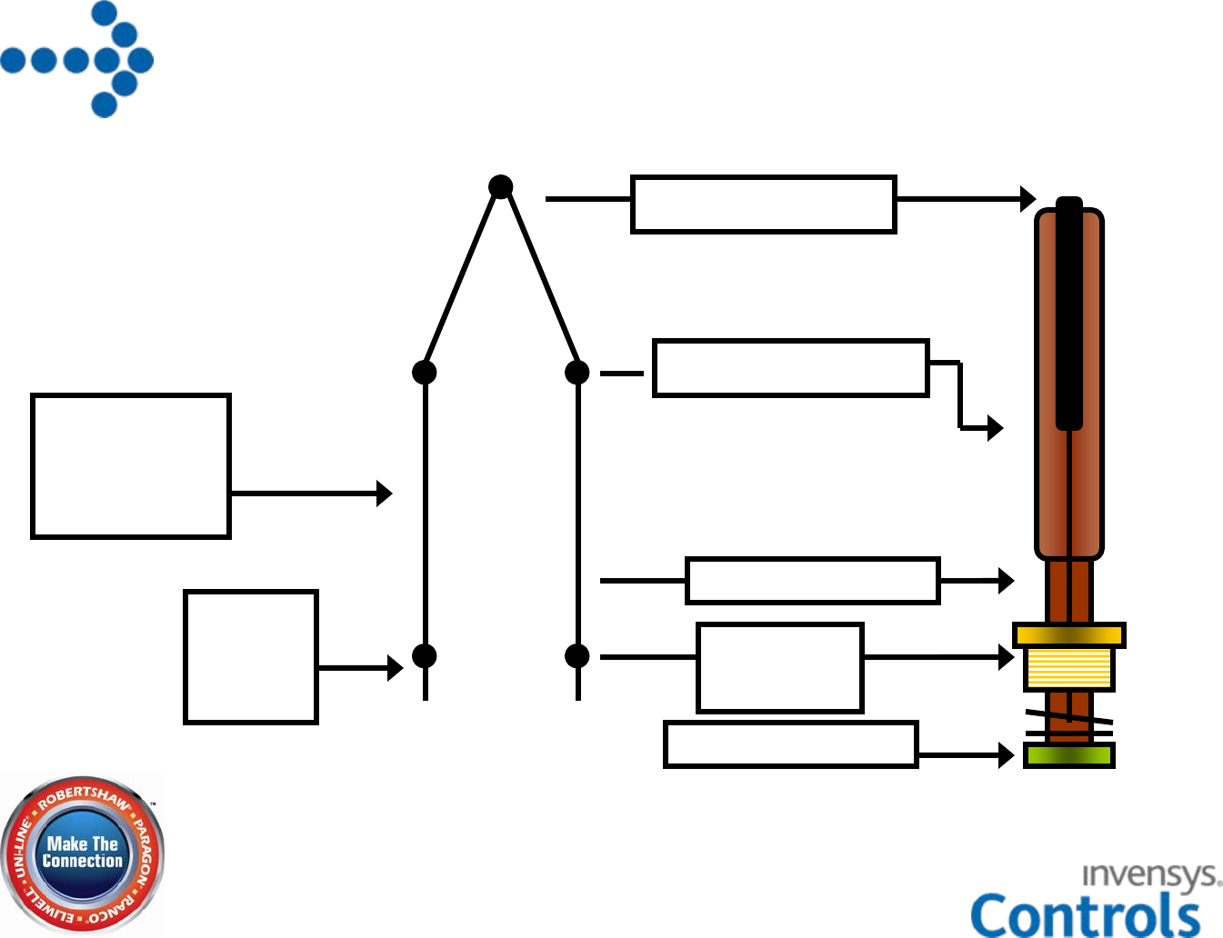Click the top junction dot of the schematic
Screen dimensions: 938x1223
[500, 187]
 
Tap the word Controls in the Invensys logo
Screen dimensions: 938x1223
[1086, 914]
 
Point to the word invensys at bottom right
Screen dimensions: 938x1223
[1150, 875]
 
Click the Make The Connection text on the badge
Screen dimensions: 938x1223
[83, 853]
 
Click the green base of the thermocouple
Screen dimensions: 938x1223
[1068, 755]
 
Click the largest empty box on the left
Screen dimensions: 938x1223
[131, 466]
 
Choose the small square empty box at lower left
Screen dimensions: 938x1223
[251, 657]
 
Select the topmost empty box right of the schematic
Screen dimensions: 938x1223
[764, 205]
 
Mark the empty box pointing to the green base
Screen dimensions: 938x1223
[790, 744]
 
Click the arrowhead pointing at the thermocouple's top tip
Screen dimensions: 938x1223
[1028, 199]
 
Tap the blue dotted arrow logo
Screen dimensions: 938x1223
[78, 60]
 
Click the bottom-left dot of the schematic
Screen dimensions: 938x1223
[425, 655]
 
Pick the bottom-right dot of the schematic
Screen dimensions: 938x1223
[577, 655]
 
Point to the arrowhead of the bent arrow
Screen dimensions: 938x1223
[996, 427]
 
